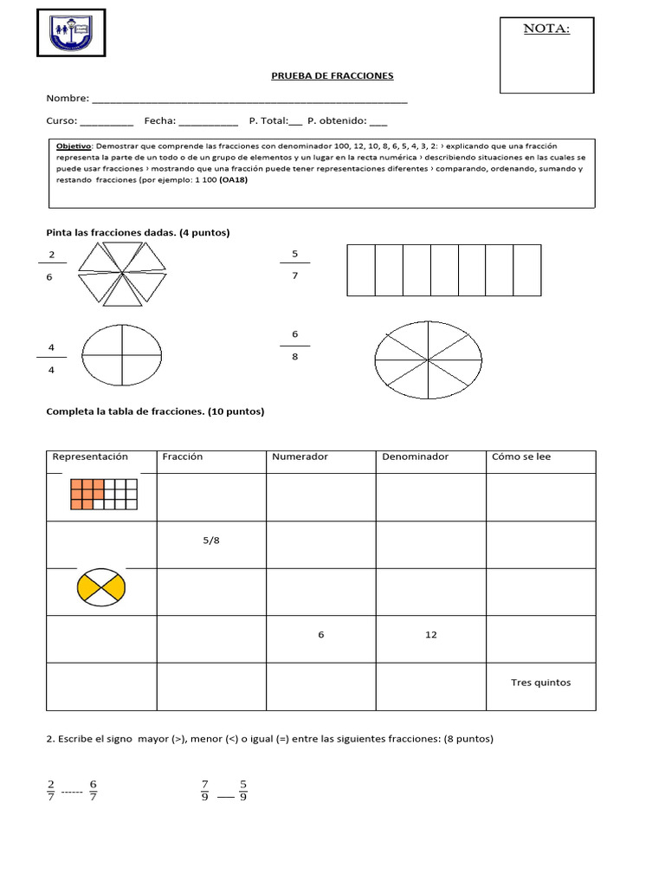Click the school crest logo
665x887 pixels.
click(x=71, y=33)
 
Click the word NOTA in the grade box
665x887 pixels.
click(x=546, y=29)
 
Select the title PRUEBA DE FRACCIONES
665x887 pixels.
click(x=333, y=76)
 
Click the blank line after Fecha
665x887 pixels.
click(x=208, y=121)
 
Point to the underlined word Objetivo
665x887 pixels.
click(x=72, y=146)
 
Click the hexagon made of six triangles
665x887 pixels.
click(x=122, y=272)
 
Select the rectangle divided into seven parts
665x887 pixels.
click(x=443, y=270)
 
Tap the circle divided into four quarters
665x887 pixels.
click(x=121, y=355)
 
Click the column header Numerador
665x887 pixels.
click(x=300, y=457)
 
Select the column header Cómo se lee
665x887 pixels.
click(x=521, y=457)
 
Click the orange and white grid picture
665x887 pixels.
click(x=104, y=495)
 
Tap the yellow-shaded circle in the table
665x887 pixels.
click(x=101, y=587)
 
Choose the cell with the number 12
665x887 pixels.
click(x=430, y=635)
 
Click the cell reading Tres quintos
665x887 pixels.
click(x=540, y=683)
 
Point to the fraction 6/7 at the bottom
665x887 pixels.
click(x=94, y=790)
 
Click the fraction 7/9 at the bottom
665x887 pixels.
click(x=204, y=790)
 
